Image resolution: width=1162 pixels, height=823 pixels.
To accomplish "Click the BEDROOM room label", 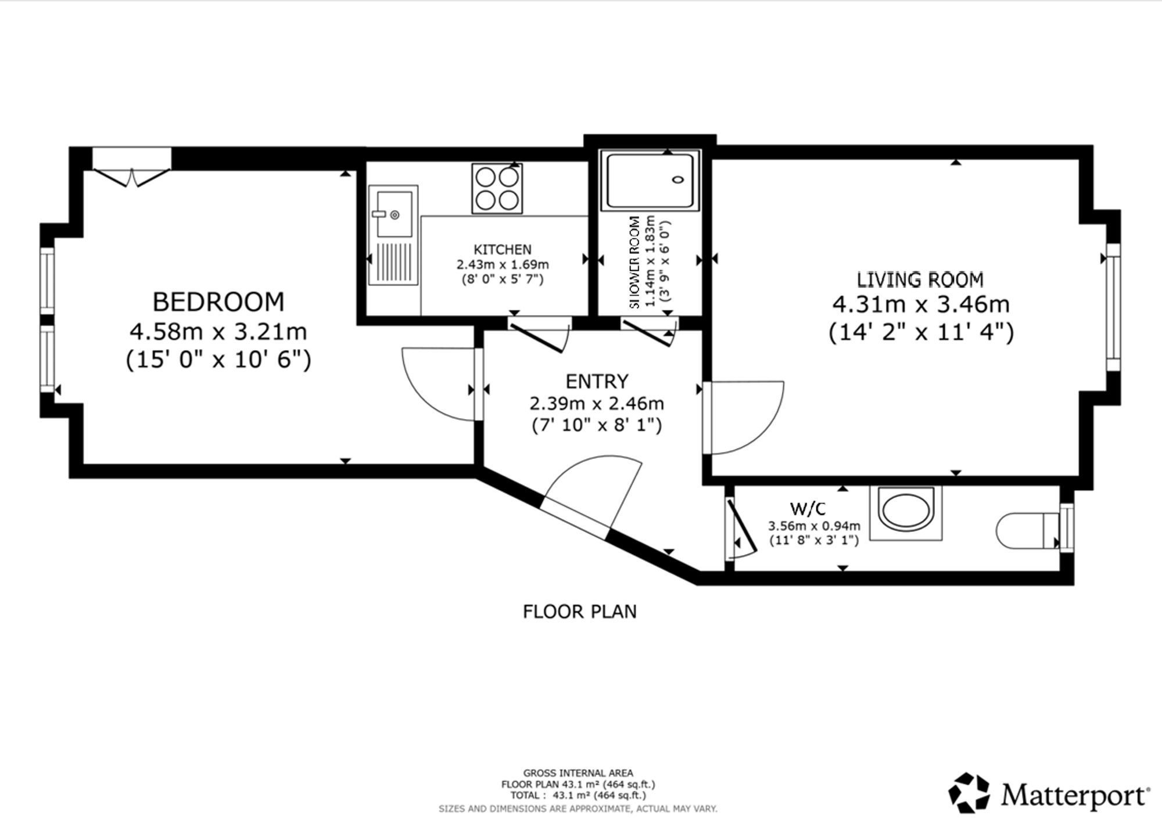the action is [x=218, y=302].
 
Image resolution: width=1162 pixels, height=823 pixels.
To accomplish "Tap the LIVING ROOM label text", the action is [x=920, y=280].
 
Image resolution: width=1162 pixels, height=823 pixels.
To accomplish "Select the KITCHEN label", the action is [x=503, y=250].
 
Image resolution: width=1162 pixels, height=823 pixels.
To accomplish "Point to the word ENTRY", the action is [x=597, y=382].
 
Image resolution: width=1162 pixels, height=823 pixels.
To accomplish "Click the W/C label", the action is [x=808, y=509].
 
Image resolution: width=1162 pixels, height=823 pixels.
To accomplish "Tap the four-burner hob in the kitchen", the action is [x=497, y=188].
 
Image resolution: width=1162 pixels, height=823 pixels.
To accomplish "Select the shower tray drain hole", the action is [x=678, y=179].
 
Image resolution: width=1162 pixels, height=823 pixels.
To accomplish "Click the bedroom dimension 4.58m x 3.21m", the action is [x=218, y=332].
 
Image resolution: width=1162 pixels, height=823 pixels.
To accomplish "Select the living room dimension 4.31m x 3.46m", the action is [x=921, y=304].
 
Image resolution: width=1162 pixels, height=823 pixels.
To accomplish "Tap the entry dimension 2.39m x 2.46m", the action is [x=597, y=403].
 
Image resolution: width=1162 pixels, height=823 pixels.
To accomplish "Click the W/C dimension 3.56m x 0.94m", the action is [x=814, y=526].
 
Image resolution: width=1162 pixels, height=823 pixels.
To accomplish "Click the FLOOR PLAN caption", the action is [x=580, y=612].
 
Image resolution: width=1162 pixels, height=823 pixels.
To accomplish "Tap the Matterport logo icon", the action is [x=969, y=793].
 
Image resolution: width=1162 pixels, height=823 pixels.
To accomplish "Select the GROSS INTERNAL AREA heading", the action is [x=578, y=773].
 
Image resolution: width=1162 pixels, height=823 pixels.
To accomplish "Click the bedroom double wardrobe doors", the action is [x=132, y=177].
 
